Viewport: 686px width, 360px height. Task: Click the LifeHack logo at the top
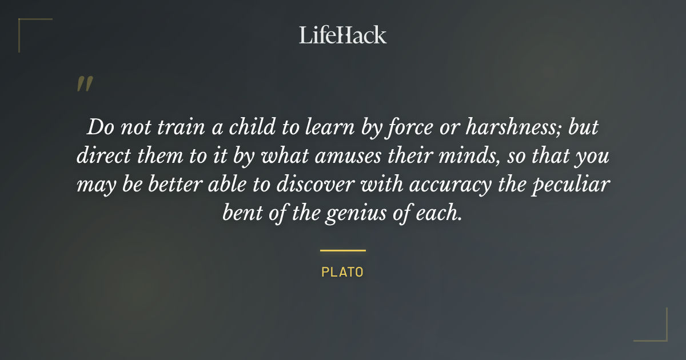[x=342, y=35]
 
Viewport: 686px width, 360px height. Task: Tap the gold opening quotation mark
[x=84, y=85]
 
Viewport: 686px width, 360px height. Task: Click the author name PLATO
[x=342, y=272]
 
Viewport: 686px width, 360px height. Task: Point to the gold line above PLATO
[x=342, y=250]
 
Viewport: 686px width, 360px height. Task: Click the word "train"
[x=172, y=127]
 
